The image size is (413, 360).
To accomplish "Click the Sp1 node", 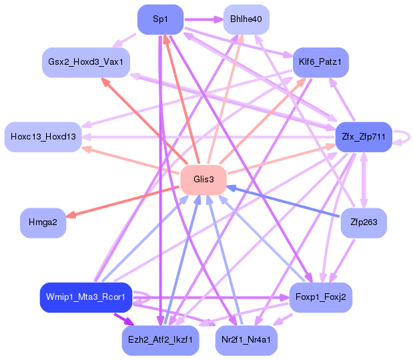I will point(160,19).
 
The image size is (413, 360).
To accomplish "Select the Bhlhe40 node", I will point(246,19).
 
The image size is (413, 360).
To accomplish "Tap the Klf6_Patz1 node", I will point(320,62).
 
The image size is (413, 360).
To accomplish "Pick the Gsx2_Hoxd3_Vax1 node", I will point(86,62).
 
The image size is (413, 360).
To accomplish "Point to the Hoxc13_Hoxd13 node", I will point(43,137).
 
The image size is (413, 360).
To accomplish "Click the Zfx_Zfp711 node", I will point(363,137).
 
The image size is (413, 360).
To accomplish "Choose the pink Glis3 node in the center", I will point(203,179).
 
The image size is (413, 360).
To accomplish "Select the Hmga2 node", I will point(43,222).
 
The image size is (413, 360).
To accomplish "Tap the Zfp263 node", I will point(363,222).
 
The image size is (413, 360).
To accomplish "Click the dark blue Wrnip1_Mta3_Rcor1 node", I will point(86,297).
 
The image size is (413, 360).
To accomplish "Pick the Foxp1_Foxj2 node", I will point(320,297).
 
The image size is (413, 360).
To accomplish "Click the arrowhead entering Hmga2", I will point(71,214).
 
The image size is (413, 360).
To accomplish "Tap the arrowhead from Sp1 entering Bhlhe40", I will point(219,19).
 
